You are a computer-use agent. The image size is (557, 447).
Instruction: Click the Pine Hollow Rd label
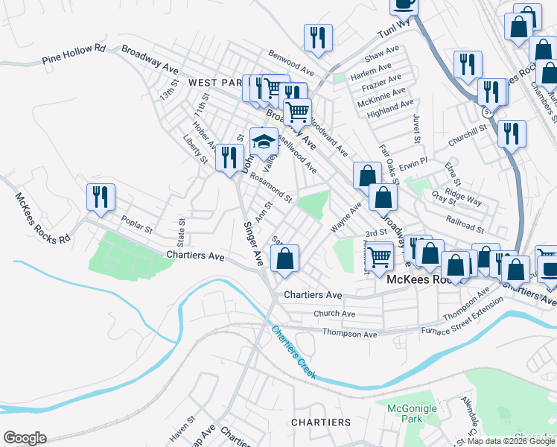74,54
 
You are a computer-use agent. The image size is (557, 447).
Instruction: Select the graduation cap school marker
264,139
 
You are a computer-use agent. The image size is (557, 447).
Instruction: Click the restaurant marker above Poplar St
101,197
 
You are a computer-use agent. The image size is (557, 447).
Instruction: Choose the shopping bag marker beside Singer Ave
284,259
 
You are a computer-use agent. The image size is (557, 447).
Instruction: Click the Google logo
25,438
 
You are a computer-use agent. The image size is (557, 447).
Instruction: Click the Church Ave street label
334,314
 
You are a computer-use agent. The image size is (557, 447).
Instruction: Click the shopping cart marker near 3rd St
380,255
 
